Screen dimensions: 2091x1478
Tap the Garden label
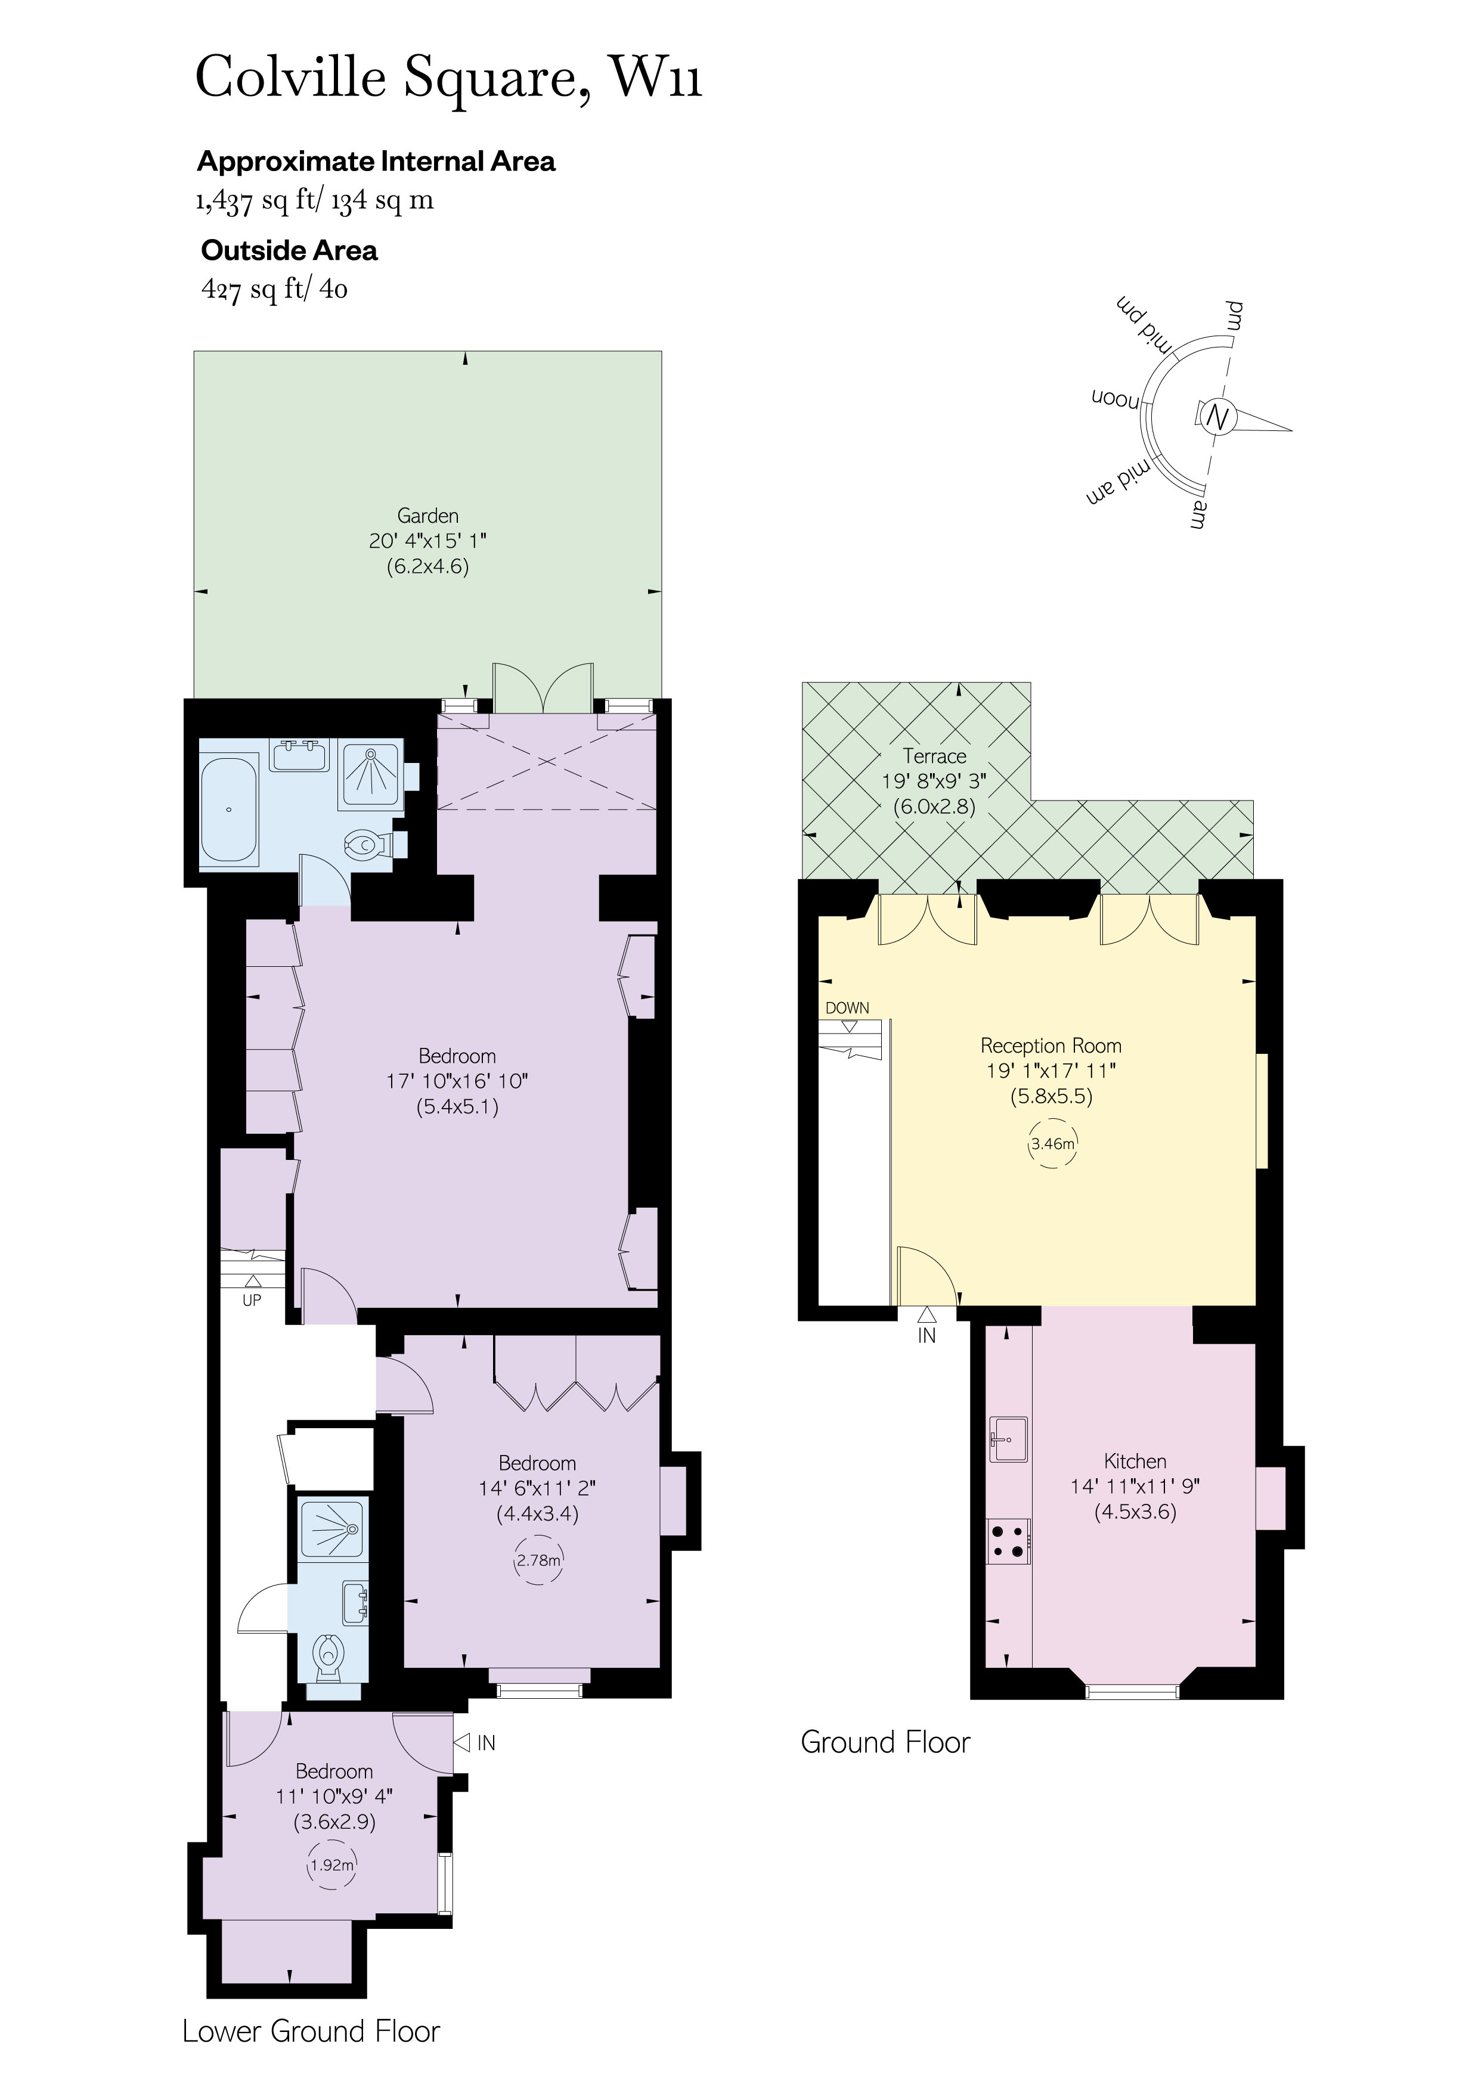click(x=427, y=516)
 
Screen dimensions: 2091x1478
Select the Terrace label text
click(x=934, y=756)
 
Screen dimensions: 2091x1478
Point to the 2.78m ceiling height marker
click(x=538, y=1560)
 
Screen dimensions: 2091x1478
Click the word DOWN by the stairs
click(x=847, y=1008)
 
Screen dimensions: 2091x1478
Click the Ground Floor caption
click(x=885, y=1742)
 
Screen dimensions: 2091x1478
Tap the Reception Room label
click(x=1051, y=1045)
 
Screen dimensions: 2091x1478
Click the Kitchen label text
click(x=1135, y=1462)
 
